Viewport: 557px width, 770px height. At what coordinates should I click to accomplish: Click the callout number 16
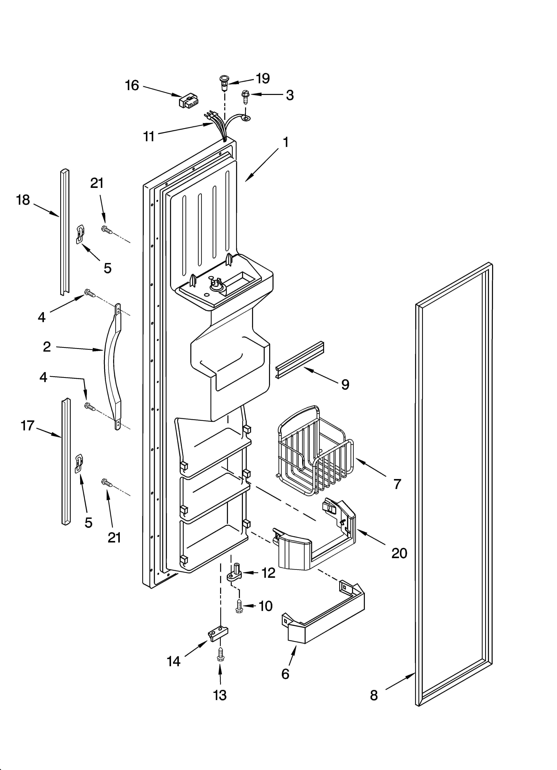[132, 86]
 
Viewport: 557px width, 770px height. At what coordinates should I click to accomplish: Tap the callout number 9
[345, 384]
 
